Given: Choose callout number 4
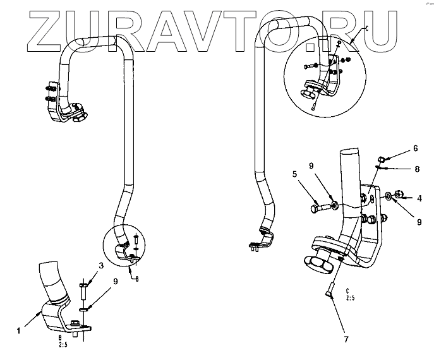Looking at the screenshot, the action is [x=419, y=198].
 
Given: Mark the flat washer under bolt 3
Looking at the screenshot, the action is [x=85, y=309].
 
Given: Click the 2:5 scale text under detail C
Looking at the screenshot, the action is [x=349, y=298].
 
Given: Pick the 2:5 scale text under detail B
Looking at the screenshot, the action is [x=62, y=346].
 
